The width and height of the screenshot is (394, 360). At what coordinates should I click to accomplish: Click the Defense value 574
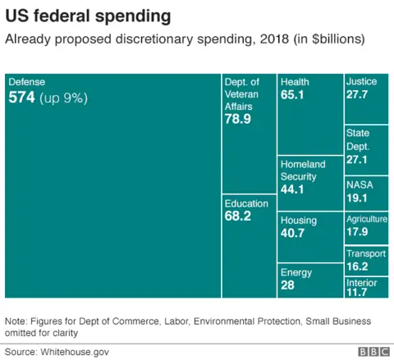tap(21, 98)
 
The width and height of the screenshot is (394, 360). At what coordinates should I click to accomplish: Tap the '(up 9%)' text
tap(63, 98)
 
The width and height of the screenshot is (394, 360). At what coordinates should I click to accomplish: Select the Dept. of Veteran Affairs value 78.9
tap(238, 119)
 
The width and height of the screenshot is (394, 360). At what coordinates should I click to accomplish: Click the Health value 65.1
tap(293, 95)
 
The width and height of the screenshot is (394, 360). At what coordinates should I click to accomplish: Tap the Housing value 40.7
tap(293, 234)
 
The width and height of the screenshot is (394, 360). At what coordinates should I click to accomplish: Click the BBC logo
tap(373, 351)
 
